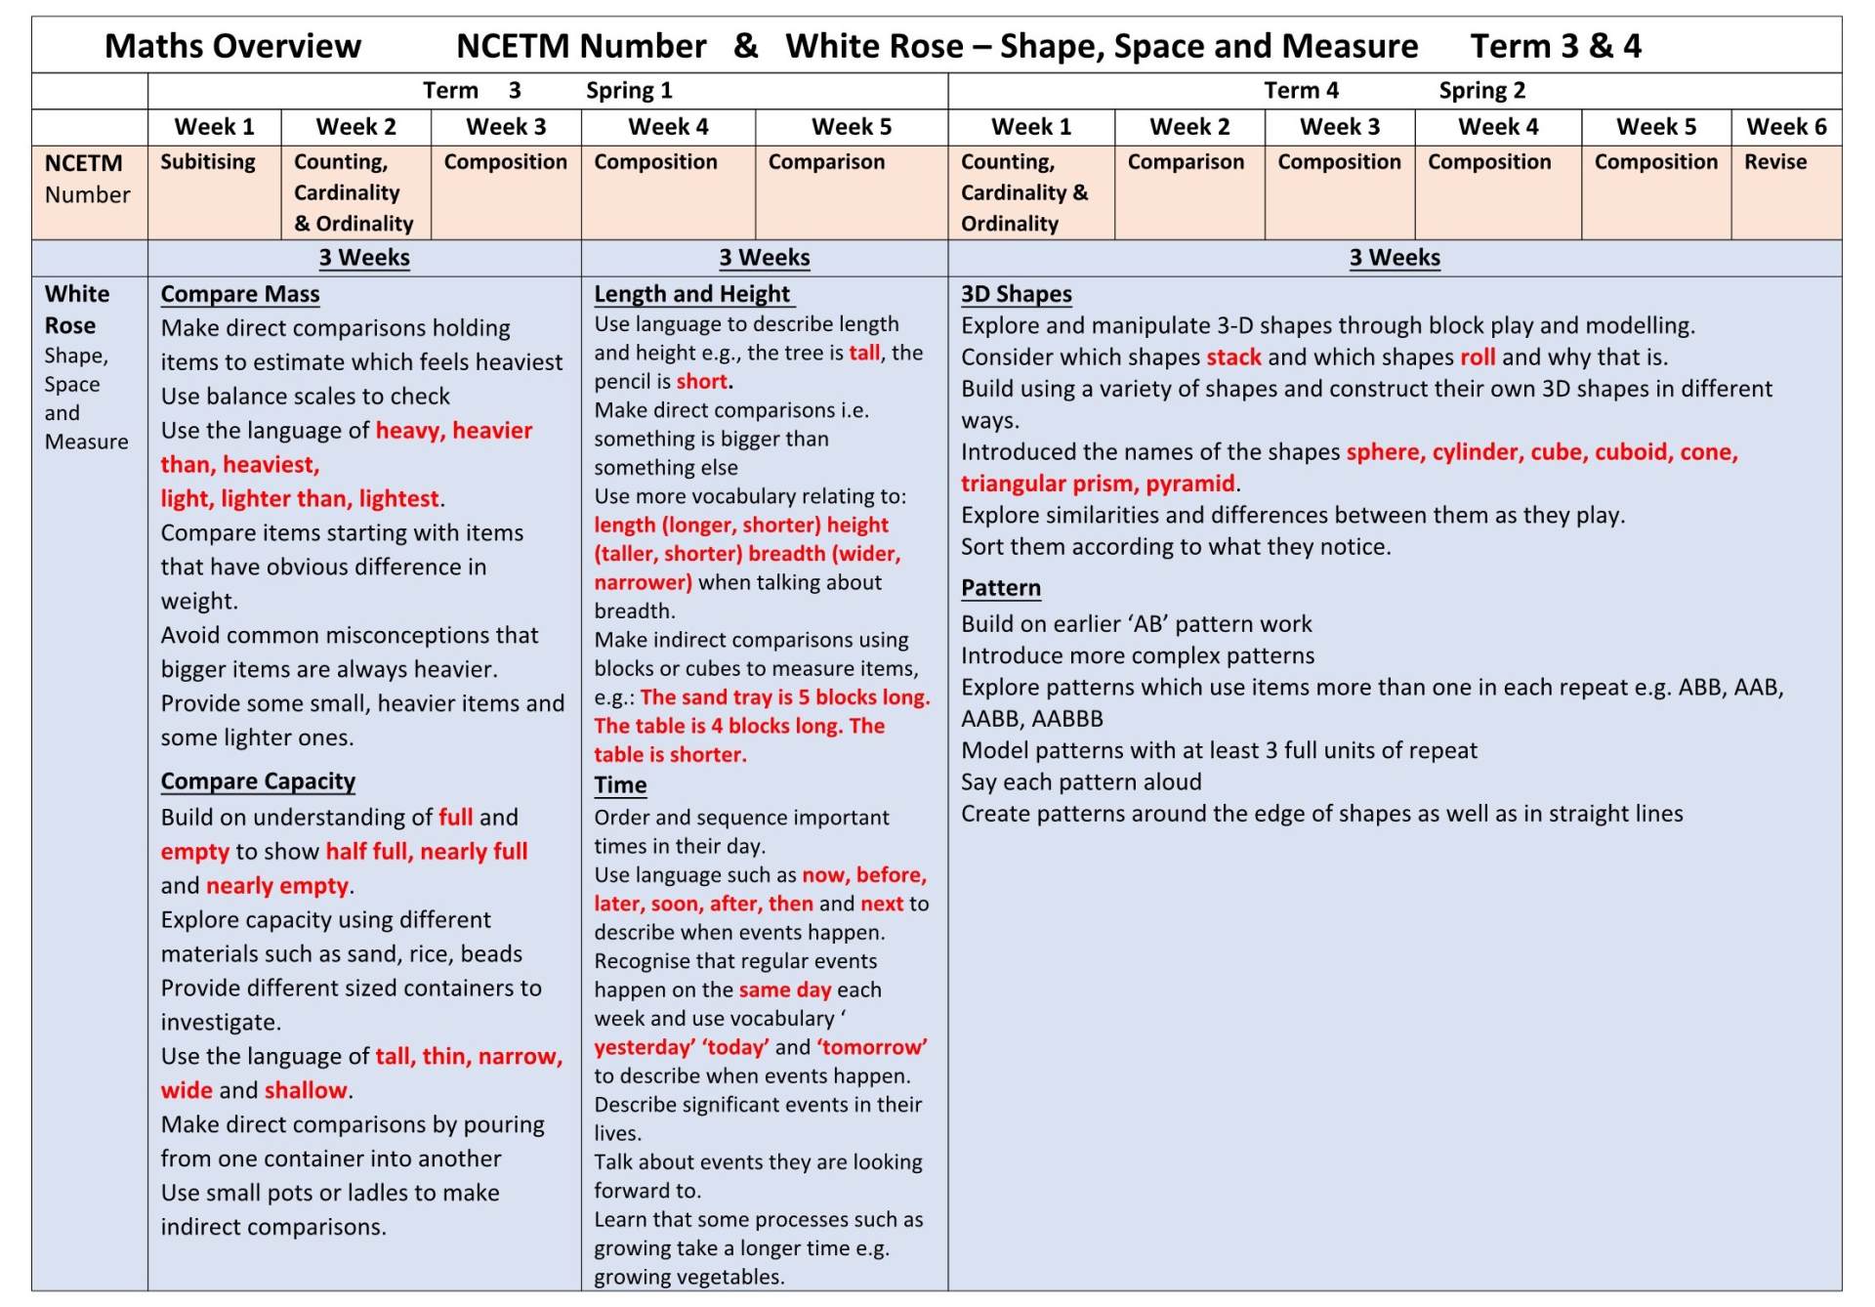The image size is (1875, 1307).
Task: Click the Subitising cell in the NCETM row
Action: [207, 162]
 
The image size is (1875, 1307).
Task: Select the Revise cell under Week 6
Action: [1774, 162]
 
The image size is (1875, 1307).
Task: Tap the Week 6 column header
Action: [1785, 127]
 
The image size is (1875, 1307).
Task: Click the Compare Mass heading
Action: [240, 294]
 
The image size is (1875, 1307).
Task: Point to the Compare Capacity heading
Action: [258, 781]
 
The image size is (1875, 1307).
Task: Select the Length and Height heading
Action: [692, 294]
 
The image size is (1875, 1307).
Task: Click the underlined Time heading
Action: [620, 785]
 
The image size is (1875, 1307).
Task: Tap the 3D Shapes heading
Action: [1016, 294]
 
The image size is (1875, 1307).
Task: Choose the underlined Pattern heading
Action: [1000, 588]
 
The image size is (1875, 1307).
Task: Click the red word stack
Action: [1233, 358]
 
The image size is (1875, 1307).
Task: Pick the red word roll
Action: [1477, 358]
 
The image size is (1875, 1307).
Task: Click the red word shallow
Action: [306, 1090]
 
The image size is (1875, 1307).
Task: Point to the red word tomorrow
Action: [872, 1047]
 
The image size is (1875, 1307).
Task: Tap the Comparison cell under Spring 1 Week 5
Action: [826, 162]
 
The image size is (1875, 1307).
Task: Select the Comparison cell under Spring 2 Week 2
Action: [1186, 162]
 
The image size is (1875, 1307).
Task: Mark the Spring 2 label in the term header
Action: [1481, 91]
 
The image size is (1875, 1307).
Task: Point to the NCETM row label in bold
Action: [84, 163]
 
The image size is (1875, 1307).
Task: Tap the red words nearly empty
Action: [277, 886]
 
